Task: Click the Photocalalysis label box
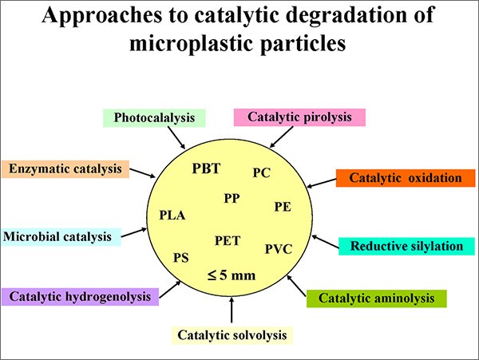[154, 118]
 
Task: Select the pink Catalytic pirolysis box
[299, 117]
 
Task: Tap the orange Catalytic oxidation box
[406, 178]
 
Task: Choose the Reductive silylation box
[406, 246]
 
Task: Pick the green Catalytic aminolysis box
[376, 299]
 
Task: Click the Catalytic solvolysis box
[232, 335]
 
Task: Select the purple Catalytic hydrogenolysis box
[80, 296]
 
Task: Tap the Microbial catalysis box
[61, 237]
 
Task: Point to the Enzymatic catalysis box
[65, 169]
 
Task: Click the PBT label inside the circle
[206, 168]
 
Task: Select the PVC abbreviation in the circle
[279, 249]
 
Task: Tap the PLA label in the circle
[172, 216]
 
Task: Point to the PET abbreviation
[228, 240]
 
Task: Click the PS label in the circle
[181, 258]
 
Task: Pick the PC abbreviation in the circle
[262, 173]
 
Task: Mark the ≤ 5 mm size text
[232, 275]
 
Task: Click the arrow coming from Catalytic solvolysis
[232, 310]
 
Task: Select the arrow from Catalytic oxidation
[322, 184]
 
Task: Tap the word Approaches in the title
[101, 15]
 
